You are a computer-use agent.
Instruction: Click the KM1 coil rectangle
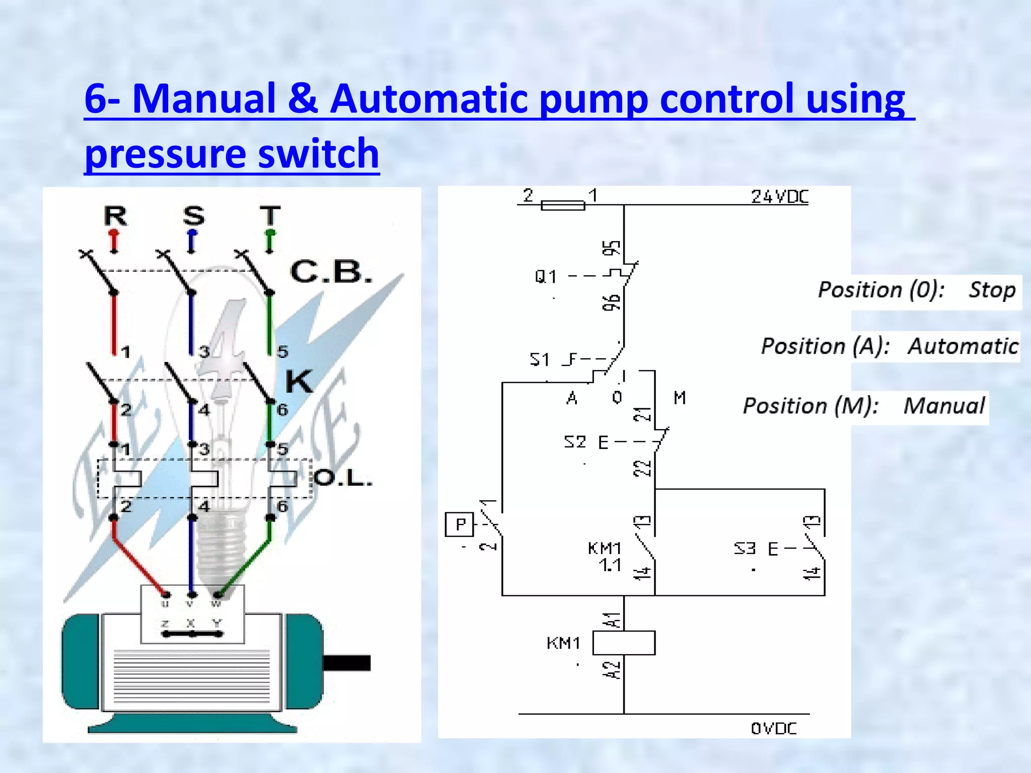pos(623,643)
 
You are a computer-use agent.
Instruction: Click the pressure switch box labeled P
pos(459,524)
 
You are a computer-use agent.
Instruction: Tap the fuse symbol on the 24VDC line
pos(563,205)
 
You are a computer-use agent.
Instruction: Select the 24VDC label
pos(779,197)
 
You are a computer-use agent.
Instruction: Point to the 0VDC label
pos(774,728)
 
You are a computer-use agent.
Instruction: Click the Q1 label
pos(546,276)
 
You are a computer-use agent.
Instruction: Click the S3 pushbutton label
pos(745,548)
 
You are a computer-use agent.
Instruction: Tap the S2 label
pos(575,442)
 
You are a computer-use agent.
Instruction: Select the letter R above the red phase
pos(115,216)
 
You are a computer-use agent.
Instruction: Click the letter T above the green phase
pos(270,216)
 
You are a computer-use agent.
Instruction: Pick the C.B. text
pos(331,272)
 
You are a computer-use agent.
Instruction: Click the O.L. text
pos(343,478)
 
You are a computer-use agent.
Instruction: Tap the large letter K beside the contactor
pos(299,381)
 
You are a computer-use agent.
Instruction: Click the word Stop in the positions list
pos(992,290)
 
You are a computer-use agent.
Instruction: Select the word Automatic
pos(963,346)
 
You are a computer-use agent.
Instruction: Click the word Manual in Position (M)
pos(944,406)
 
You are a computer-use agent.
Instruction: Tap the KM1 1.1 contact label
pos(605,556)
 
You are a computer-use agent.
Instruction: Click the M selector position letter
pos(680,398)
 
